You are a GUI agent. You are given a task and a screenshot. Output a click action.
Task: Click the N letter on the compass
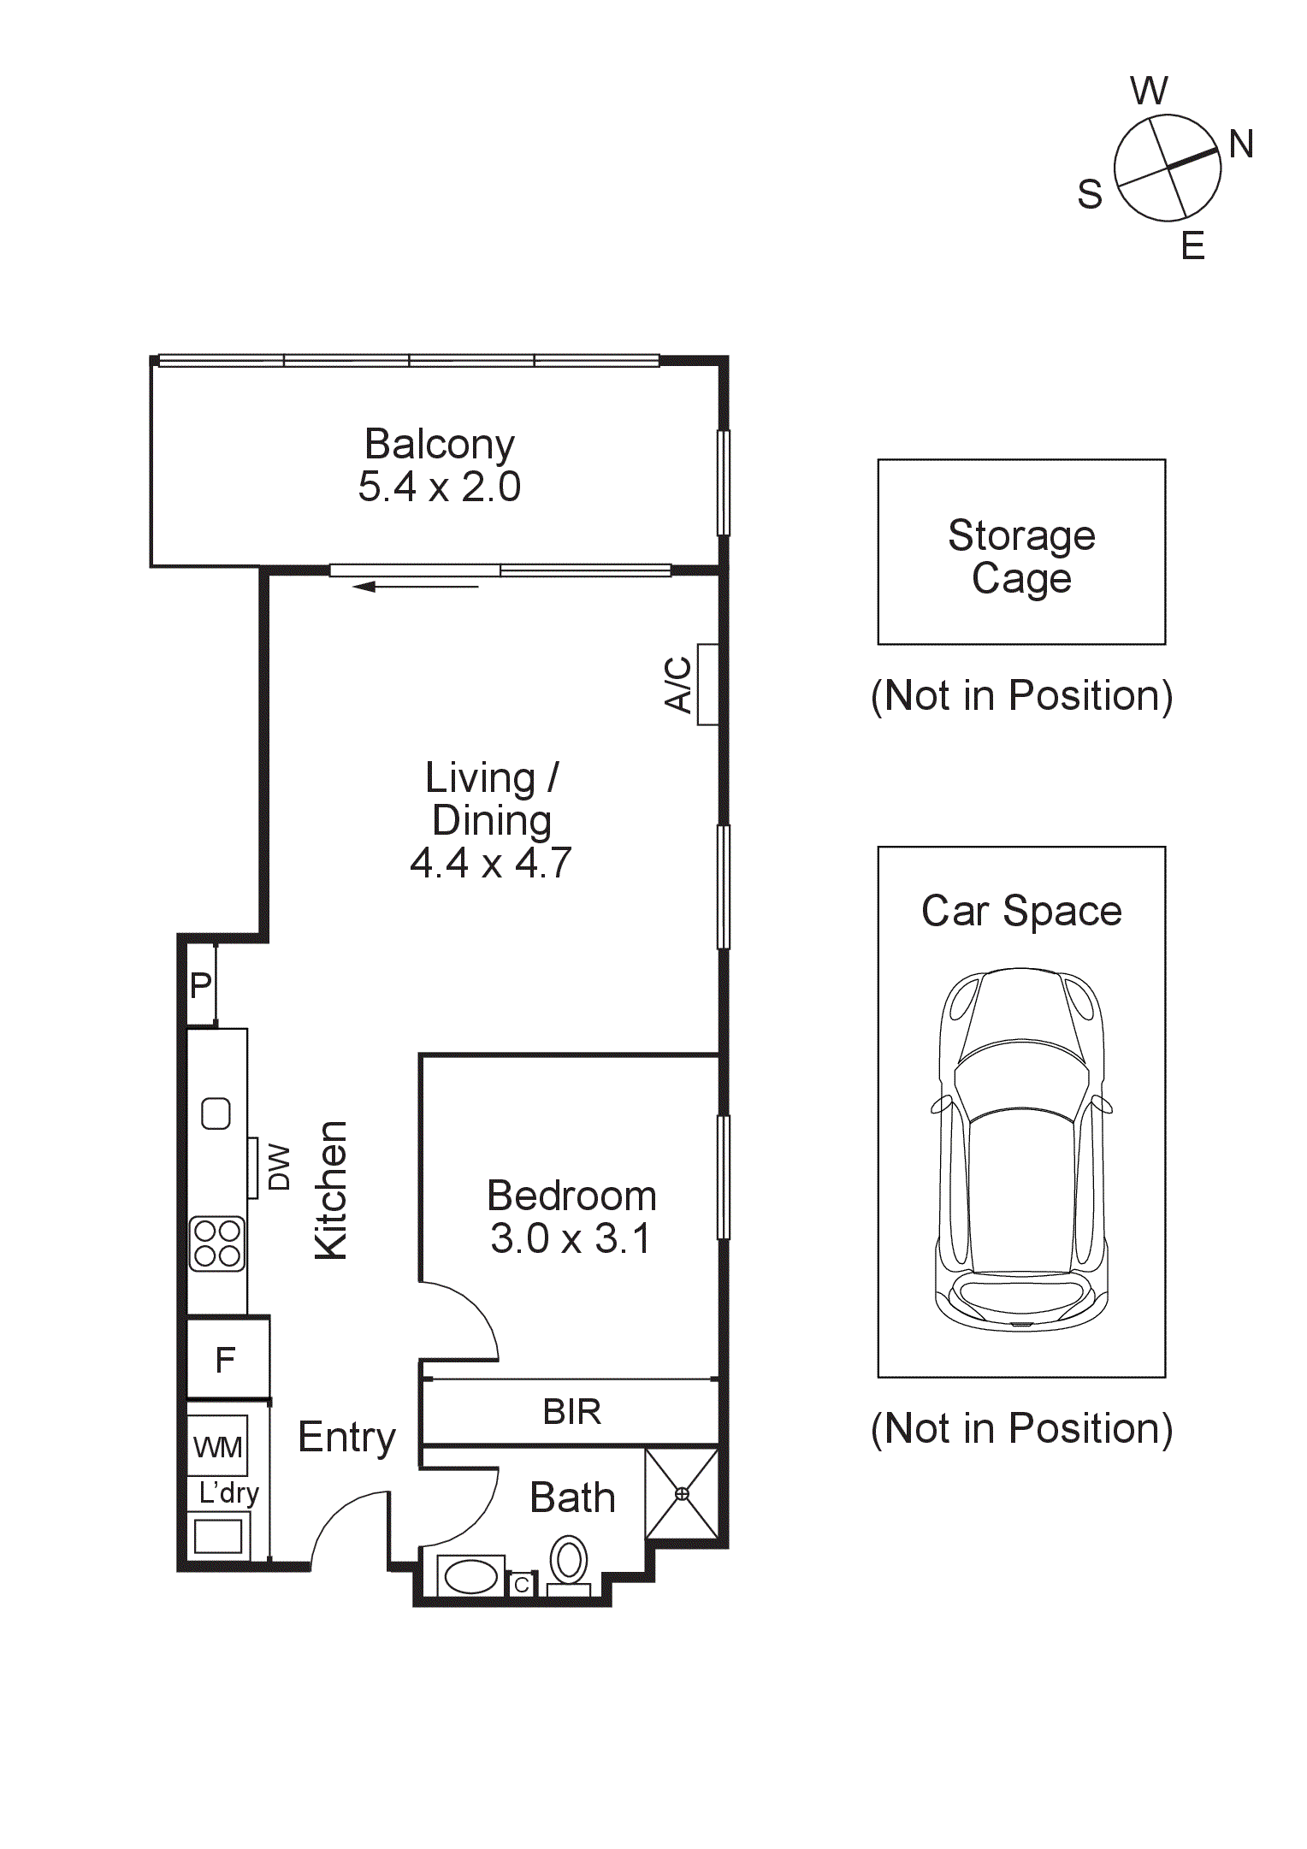[x=1240, y=145]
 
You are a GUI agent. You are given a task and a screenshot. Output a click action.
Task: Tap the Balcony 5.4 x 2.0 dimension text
[x=439, y=487]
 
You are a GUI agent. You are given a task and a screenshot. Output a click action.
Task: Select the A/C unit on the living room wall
[x=707, y=684]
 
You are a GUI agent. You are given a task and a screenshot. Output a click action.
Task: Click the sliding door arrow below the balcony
[x=416, y=587]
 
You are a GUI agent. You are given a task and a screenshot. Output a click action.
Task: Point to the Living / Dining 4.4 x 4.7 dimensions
[x=490, y=863]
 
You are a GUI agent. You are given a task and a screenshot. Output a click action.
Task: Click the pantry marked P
[x=201, y=985]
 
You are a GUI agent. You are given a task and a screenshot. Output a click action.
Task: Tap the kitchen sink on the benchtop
[x=216, y=1114]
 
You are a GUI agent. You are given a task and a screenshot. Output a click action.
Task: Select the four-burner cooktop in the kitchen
[x=217, y=1243]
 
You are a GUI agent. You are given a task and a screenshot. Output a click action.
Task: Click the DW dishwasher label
[x=280, y=1167]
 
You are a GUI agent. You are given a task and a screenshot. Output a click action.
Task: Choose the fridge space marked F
[x=226, y=1360]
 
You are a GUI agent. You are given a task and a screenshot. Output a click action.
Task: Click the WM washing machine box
[x=218, y=1447]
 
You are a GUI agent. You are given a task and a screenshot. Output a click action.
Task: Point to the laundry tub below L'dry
[x=218, y=1537]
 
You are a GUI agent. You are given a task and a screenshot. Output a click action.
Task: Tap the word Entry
[x=346, y=1438]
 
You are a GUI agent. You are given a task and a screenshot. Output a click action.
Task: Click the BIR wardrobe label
[x=571, y=1412]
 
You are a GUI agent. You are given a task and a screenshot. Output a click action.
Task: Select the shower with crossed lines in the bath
[x=682, y=1493]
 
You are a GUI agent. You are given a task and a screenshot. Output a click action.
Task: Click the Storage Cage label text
[x=1021, y=557]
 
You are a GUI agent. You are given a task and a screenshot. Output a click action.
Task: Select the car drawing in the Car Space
[x=1021, y=1149]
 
